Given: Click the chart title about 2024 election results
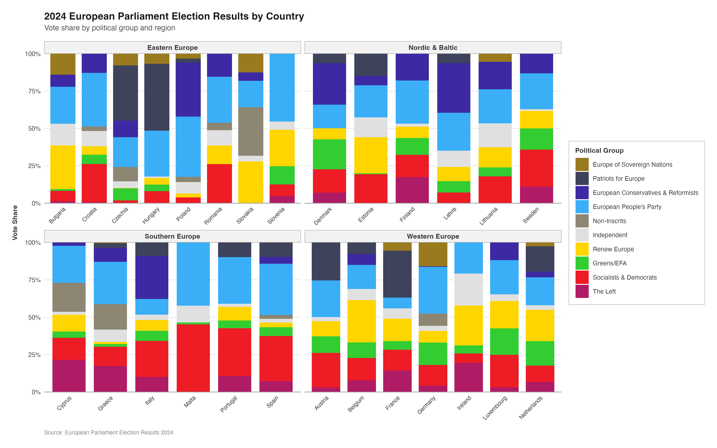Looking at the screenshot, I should click(x=174, y=16).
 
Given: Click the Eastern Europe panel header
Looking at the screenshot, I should click(x=172, y=48).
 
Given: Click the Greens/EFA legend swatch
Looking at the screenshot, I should click(x=582, y=263).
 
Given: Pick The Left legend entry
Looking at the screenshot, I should click(x=604, y=291).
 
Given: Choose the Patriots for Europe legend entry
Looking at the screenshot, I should click(x=618, y=179).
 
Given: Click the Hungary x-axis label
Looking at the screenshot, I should click(x=151, y=215).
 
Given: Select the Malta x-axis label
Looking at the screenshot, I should click(x=190, y=402).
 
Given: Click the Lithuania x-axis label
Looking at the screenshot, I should click(x=489, y=216).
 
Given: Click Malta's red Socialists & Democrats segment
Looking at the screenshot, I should click(x=193, y=358).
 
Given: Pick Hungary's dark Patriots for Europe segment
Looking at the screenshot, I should click(x=157, y=97).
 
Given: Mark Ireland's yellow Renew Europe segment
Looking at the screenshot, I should click(x=468, y=325).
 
